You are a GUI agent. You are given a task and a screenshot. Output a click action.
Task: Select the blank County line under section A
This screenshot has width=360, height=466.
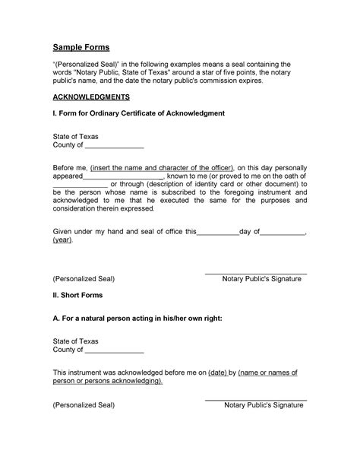[x=114, y=351]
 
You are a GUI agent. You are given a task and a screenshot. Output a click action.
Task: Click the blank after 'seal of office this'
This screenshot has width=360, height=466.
[x=217, y=232]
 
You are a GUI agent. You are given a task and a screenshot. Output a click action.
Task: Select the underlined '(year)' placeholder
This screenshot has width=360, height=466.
[x=63, y=240]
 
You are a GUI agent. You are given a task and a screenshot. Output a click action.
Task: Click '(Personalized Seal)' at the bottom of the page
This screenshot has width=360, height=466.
[x=84, y=406]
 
